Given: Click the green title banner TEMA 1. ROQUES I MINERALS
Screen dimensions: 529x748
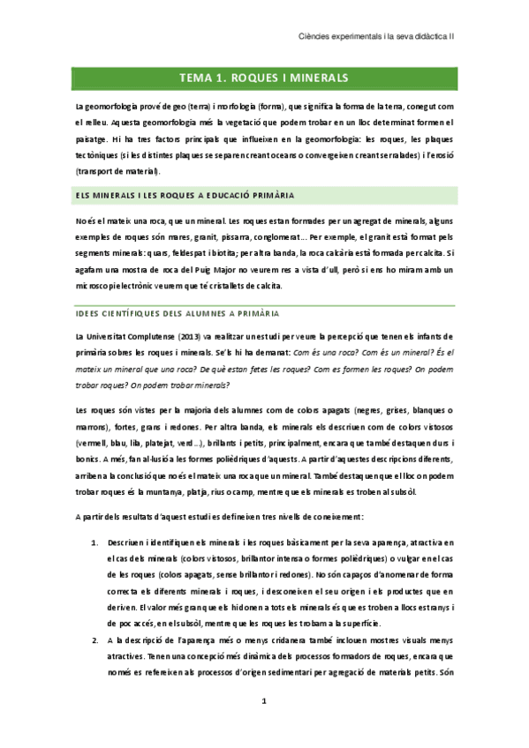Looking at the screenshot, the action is [x=264, y=78].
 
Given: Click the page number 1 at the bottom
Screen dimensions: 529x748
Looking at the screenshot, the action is [x=264, y=701].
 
